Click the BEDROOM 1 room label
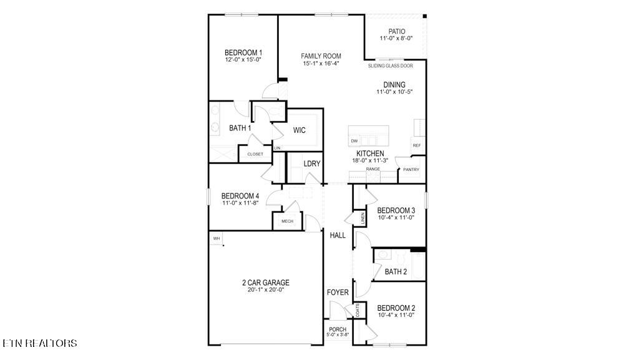tap(243, 52)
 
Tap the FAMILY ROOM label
tap(321, 56)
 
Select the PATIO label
tap(396, 31)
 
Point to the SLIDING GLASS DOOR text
tap(395, 65)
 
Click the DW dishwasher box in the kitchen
tap(354, 141)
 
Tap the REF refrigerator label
tap(416, 145)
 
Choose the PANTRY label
tap(411, 170)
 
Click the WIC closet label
tap(299, 130)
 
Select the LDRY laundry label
tap(312, 164)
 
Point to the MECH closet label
tap(287, 221)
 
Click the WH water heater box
tap(217, 238)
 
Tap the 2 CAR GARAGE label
tap(266, 283)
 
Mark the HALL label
tap(338, 235)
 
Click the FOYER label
tap(338, 292)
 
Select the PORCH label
tap(338, 329)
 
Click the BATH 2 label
tap(396, 271)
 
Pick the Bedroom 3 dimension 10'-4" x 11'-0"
tap(396, 218)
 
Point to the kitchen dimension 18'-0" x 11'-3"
tap(370, 160)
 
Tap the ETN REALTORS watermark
tap(40, 343)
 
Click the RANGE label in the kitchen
tap(373, 169)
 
